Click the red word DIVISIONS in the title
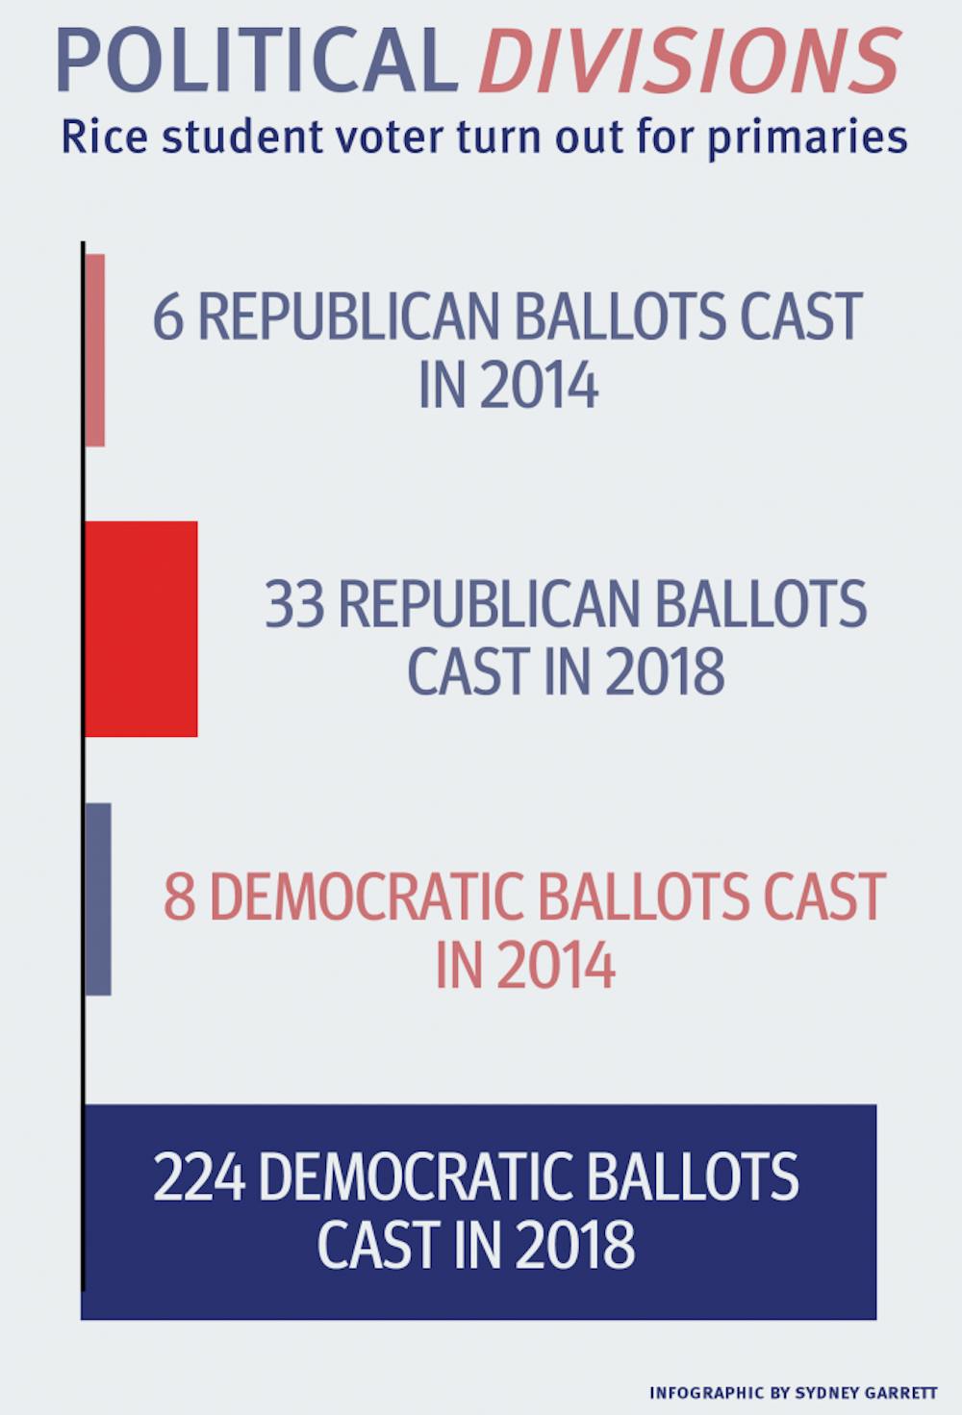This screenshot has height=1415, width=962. point(689,60)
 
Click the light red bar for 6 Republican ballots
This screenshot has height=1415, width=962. point(94,350)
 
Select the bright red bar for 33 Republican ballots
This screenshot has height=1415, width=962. point(141,629)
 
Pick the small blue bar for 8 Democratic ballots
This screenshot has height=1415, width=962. point(98,898)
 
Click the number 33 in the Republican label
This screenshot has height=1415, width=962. point(294,605)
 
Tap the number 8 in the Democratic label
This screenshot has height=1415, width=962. point(179,897)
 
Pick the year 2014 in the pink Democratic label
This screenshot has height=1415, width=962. point(556,965)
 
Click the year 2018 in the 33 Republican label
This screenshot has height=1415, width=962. point(665,671)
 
